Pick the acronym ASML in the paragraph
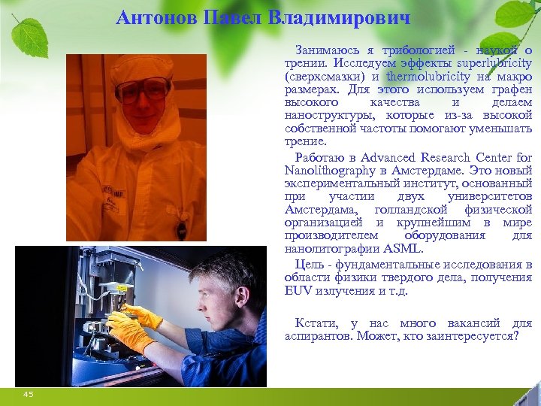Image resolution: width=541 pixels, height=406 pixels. click(404, 249)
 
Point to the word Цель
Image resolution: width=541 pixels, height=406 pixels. click(308, 264)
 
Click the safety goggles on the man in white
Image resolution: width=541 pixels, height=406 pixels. click(144, 89)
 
